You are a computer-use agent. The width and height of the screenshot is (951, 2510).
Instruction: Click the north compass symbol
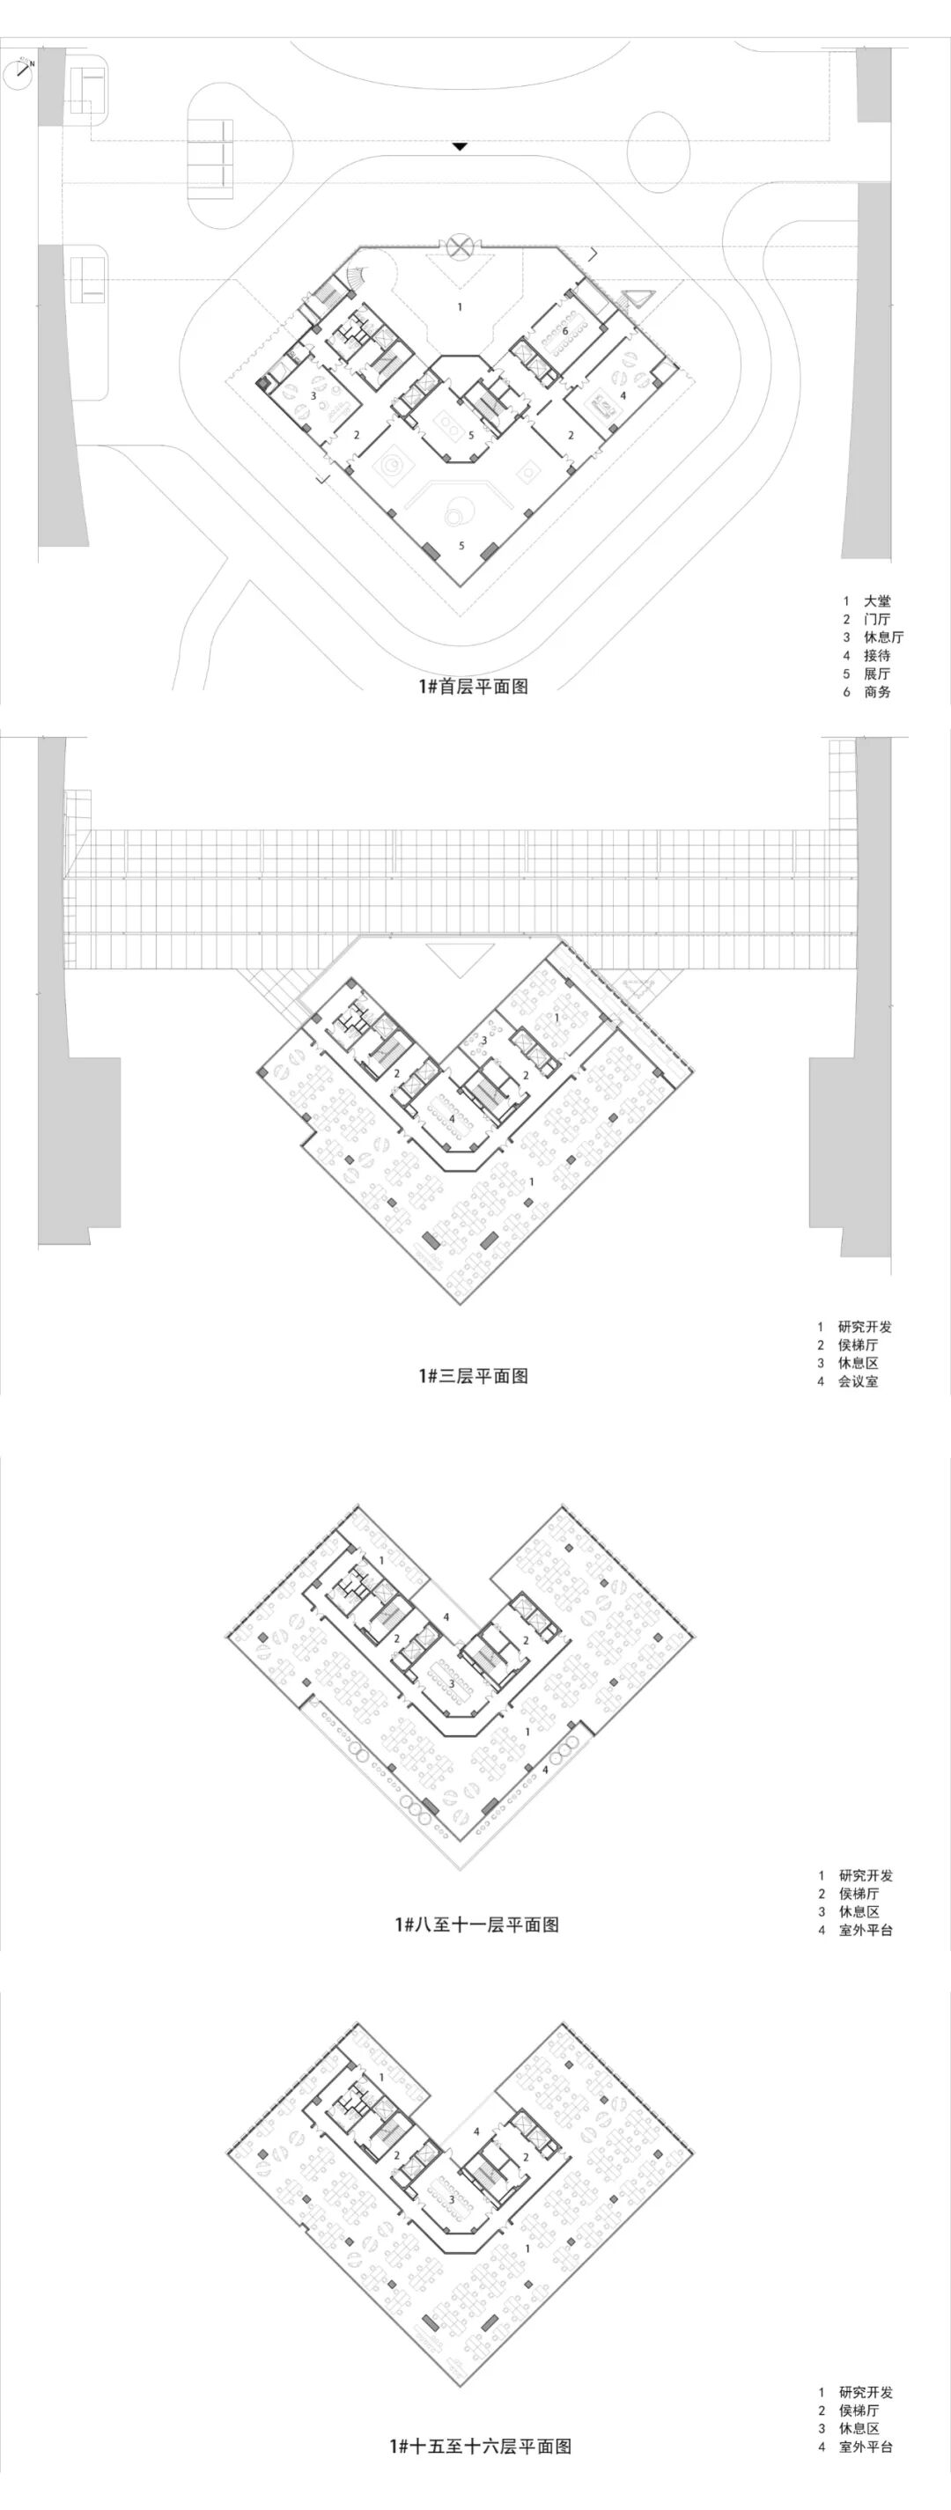point(18,72)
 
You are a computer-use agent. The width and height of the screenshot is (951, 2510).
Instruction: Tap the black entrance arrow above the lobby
point(460,147)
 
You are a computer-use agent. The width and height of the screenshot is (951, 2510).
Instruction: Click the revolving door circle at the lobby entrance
point(459,246)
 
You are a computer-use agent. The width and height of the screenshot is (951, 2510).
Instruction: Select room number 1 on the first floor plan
point(460,307)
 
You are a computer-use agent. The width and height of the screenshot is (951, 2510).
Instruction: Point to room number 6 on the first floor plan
point(565,331)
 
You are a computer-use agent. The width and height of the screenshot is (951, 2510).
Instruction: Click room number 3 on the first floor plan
point(313,395)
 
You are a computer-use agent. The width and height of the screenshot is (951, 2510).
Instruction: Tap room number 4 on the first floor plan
point(623,395)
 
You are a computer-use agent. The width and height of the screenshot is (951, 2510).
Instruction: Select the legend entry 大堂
point(876,601)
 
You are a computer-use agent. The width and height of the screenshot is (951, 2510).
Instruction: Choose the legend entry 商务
point(876,692)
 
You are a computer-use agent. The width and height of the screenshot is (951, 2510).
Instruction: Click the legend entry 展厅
point(876,674)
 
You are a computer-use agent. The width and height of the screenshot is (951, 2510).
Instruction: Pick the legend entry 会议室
point(858,1380)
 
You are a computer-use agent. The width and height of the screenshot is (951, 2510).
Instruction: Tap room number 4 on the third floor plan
point(452,1120)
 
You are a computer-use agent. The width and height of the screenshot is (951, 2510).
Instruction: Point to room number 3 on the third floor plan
point(483,1041)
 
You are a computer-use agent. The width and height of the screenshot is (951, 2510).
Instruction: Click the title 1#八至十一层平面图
point(476,1925)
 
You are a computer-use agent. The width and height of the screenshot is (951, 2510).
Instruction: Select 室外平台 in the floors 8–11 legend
point(866,1929)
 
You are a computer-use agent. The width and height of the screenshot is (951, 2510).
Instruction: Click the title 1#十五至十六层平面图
point(479,2474)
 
